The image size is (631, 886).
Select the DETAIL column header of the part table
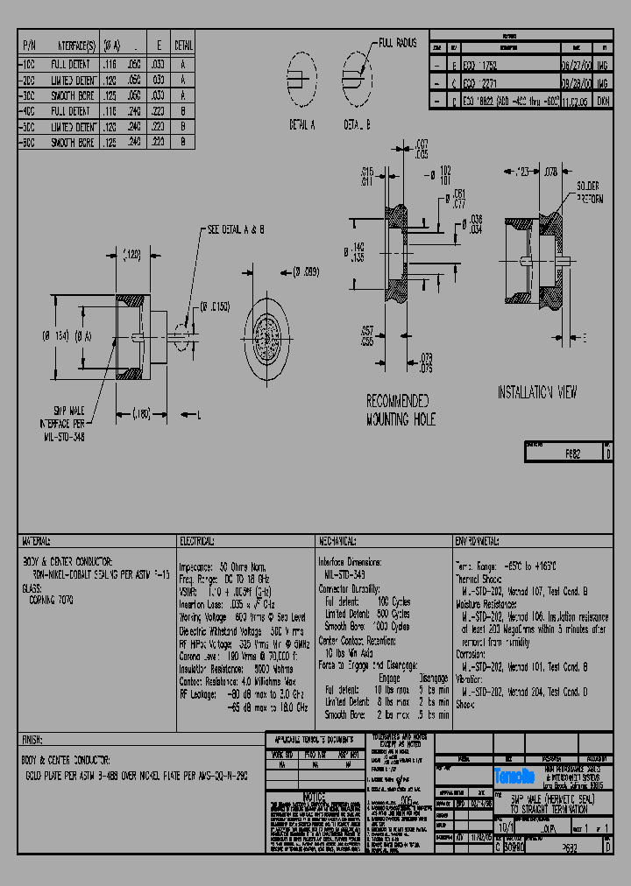click(183, 45)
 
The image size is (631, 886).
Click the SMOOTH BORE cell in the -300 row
click(69, 94)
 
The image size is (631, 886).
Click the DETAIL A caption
click(306, 125)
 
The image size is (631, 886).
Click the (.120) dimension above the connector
click(131, 255)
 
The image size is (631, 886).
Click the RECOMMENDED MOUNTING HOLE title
click(399, 410)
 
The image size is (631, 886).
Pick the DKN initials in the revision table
click(604, 102)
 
